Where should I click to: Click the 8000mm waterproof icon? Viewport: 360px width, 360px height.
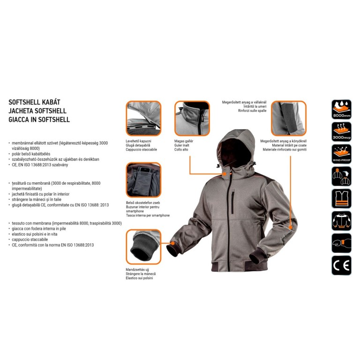pos(341,109)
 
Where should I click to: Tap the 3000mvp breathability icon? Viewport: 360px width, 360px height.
pos(341,132)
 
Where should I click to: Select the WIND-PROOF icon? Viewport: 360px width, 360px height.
pos(341,154)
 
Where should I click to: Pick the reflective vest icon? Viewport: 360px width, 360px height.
pos(341,199)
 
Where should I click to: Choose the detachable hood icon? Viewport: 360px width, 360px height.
pos(341,177)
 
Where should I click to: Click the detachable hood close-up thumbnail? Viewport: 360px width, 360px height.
pos(143,118)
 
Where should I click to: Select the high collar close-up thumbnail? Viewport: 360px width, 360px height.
pos(192,118)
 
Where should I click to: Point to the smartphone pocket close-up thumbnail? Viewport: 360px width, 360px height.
pos(143,180)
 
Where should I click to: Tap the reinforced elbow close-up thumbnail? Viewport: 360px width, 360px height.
pos(289,118)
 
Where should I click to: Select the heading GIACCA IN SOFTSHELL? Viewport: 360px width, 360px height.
pos(39,120)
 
